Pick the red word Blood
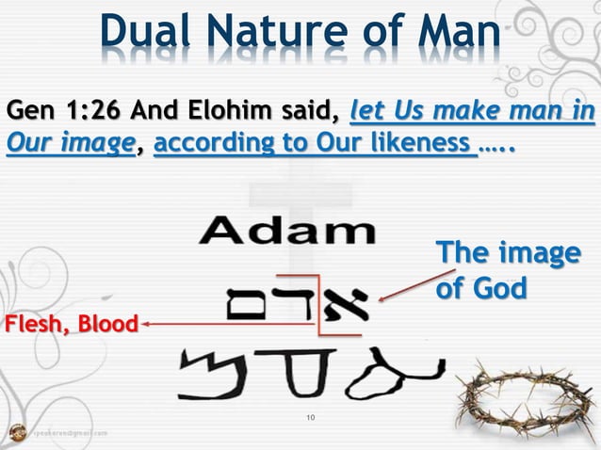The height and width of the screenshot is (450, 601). (106, 326)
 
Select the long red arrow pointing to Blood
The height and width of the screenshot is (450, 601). (226, 325)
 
